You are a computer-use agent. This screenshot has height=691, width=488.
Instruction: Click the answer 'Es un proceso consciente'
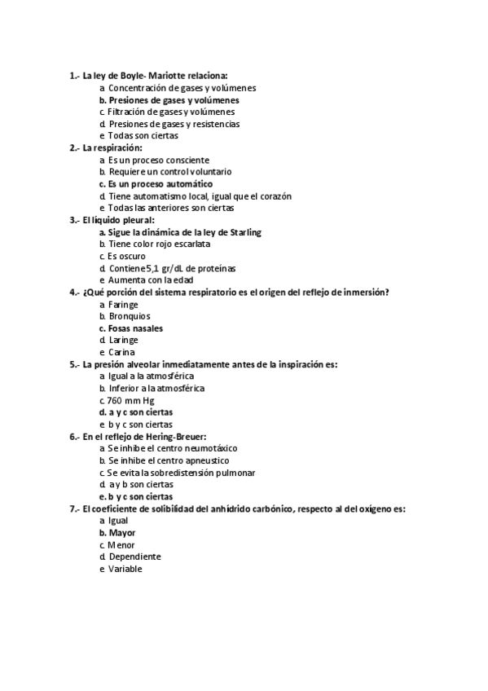click(x=158, y=160)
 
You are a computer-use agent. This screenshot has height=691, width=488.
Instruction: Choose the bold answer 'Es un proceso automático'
click(x=160, y=184)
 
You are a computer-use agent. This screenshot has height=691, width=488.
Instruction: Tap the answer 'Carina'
click(x=122, y=352)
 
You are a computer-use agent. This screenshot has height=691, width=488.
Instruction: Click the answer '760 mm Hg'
click(x=131, y=400)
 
